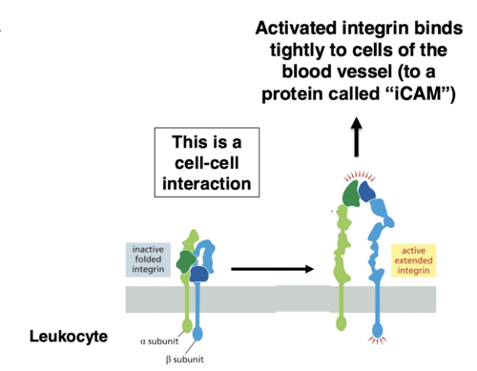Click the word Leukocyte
(69, 337)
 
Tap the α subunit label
(159, 341)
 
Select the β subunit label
(185, 359)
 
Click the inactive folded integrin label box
(148, 259)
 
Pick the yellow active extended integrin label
(413, 261)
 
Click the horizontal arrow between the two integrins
(272, 269)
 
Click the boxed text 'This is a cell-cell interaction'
(207, 162)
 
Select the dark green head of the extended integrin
(352, 194)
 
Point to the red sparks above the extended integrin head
(359, 176)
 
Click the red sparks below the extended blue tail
(377, 340)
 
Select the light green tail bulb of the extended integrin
(341, 323)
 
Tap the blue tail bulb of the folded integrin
(197, 333)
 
